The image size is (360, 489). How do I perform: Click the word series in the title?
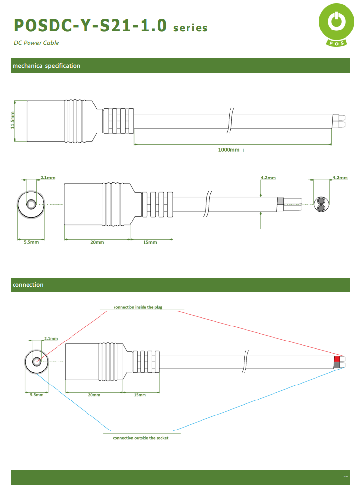[190, 28]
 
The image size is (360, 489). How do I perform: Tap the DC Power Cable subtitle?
[36, 43]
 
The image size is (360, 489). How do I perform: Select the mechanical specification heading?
[46, 66]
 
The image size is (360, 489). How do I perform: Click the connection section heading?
[28, 285]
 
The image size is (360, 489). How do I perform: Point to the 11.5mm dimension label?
[13, 121]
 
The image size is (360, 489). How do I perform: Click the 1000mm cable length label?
[229, 150]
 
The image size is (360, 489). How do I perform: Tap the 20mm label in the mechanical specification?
[97, 242]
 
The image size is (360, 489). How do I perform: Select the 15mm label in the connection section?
[140, 395]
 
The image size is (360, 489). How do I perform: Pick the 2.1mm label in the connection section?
[51, 339]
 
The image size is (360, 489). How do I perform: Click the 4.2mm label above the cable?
[268, 178]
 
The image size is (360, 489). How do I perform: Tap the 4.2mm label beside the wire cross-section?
[340, 178]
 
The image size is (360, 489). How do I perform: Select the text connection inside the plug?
[138, 307]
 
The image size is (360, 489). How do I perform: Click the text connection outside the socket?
[141, 438]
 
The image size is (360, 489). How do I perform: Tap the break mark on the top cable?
[230, 121]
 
